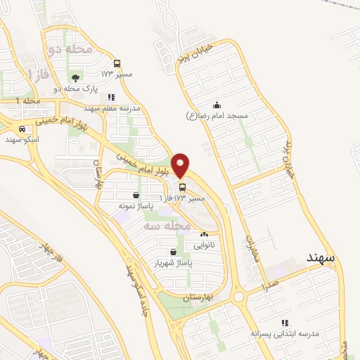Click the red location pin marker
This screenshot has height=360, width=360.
point(181,165)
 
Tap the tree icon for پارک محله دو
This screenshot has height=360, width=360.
point(75,77)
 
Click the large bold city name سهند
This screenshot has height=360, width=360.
point(321,258)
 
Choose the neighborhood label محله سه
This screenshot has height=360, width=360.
point(167,226)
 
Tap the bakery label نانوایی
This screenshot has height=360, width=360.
point(205,245)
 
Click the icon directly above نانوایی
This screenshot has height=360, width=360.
point(205,235)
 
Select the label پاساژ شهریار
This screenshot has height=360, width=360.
point(173,262)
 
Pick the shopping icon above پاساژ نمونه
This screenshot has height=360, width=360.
point(136,195)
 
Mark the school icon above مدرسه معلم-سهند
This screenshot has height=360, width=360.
point(111,98)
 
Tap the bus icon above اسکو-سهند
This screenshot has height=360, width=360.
point(24,129)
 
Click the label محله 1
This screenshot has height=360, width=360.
point(29,103)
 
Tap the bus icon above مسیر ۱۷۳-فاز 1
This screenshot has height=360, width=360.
point(183,188)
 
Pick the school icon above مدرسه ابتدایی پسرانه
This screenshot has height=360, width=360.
point(283,322)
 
